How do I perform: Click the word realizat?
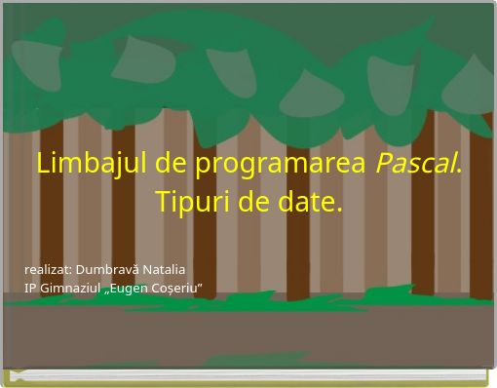(48, 268)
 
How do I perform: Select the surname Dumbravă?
(108, 268)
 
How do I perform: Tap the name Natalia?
(163, 268)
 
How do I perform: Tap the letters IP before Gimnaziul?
(30, 287)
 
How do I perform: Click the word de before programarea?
(172, 164)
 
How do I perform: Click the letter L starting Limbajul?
(43, 164)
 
